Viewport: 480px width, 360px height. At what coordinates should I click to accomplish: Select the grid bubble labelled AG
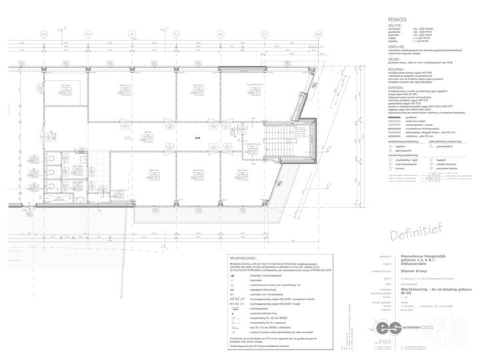coord(44,33)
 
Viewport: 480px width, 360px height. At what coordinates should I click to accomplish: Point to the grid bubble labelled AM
coord(318,33)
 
